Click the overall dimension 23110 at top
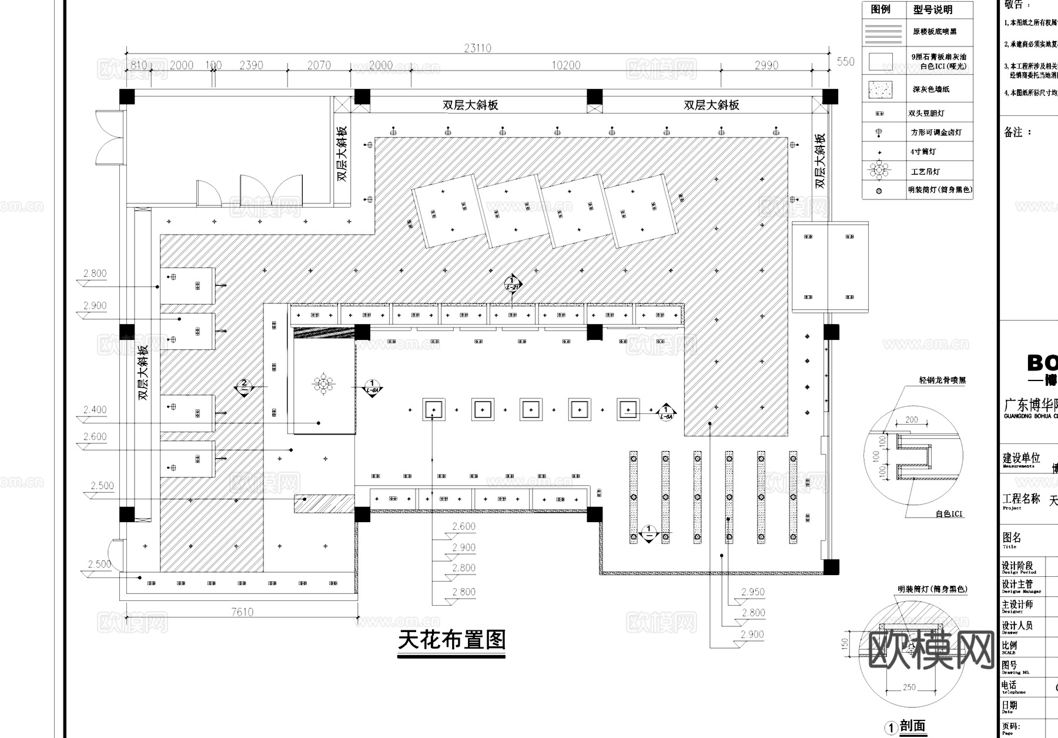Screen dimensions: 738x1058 (477, 48)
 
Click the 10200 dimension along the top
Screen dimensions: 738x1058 (565, 65)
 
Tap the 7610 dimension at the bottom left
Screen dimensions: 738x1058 (242, 612)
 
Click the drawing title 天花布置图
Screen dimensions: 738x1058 (451, 640)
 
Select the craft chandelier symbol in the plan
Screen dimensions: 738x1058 (324, 385)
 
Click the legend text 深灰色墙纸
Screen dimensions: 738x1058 (930, 90)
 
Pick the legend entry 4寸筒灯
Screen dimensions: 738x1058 (923, 152)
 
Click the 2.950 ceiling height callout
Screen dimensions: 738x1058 (752, 592)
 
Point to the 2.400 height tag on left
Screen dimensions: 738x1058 (95, 410)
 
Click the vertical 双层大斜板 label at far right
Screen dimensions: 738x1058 (820, 161)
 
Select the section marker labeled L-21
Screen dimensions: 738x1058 (512, 283)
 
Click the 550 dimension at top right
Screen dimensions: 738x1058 (845, 62)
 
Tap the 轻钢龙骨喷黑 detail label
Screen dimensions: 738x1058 (942, 380)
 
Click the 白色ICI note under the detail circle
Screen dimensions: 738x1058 (949, 514)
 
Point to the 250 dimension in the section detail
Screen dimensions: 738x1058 (909, 687)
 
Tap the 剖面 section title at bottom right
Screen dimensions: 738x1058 (912, 726)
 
